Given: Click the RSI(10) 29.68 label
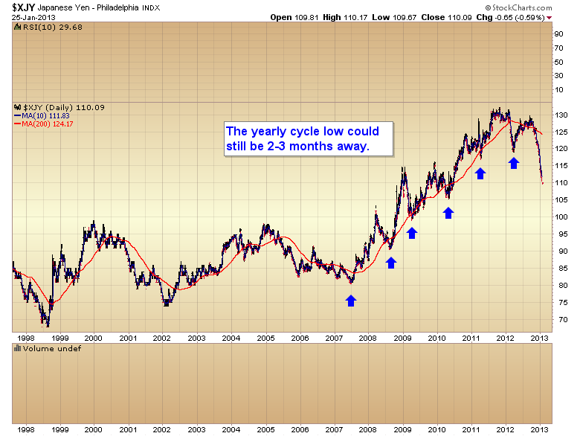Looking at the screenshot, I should coord(44,25).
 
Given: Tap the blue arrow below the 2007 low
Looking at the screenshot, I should coord(351,300).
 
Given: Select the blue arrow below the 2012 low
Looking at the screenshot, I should coord(513,161).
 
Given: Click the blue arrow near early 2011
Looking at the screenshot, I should coord(480,173).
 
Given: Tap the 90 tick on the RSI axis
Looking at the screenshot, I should coord(557,33).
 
